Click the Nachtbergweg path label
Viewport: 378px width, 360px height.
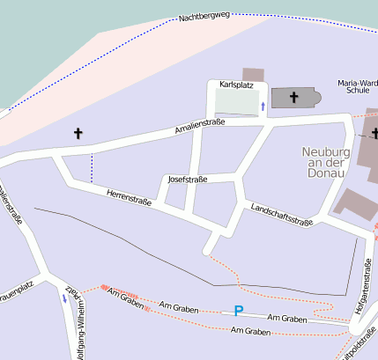(x=204, y=16)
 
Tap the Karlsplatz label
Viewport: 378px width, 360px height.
(x=236, y=84)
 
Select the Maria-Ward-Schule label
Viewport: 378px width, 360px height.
(x=358, y=86)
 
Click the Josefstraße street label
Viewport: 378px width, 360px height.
(x=188, y=179)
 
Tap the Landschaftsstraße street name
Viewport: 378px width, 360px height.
(x=282, y=214)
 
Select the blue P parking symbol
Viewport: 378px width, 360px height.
(x=238, y=310)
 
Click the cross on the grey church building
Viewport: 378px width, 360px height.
(x=293, y=97)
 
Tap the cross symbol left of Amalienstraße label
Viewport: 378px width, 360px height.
(x=78, y=134)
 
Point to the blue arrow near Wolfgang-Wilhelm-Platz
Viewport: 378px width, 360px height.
(x=63, y=298)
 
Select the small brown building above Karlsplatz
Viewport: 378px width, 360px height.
(x=253, y=75)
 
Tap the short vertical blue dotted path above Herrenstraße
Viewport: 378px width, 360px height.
(x=92, y=166)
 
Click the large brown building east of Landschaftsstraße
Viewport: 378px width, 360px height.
(x=357, y=203)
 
